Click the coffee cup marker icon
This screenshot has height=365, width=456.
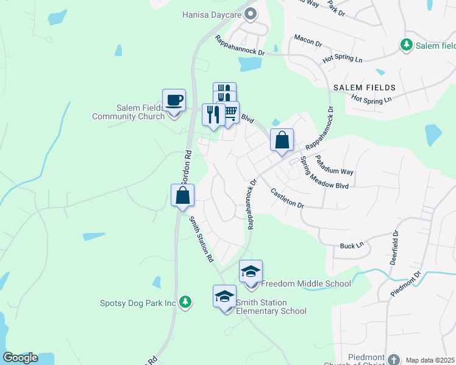coord(174,100)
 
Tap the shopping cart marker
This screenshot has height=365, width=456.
coord(229,113)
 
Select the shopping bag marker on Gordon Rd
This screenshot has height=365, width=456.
coord(182,196)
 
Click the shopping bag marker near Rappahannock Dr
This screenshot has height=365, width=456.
coord(282,140)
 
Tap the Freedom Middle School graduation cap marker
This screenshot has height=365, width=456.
coord(251,271)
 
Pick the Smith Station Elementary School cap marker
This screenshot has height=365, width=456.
coord(225,296)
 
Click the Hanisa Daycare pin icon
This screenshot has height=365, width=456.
coord(250,13)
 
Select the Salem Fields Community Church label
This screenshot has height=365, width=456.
coord(127,112)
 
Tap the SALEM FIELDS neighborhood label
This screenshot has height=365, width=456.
coord(365,88)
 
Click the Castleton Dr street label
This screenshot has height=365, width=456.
coord(287,198)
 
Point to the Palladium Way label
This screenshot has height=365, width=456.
coord(333,165)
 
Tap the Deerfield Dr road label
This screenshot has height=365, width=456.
coord(394,247)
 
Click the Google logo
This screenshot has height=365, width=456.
coord(20,358)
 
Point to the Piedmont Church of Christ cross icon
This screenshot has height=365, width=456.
coord(393,359)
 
